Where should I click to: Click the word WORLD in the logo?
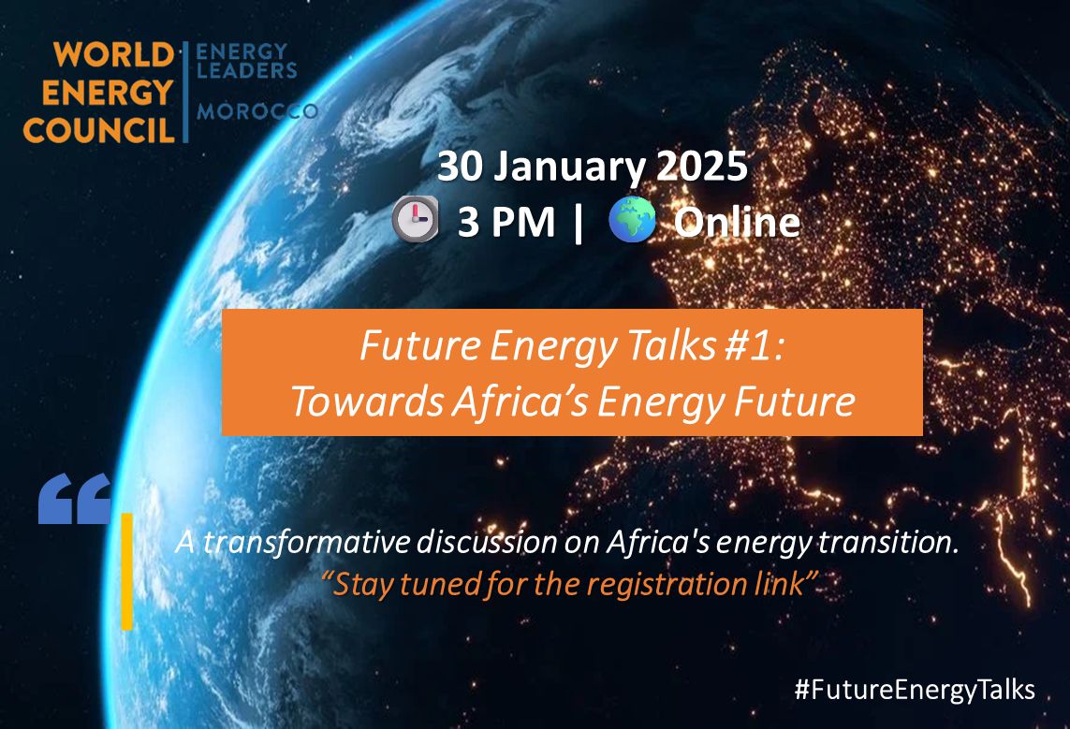tap(114, 55)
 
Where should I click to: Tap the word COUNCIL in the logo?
tap(99, 130)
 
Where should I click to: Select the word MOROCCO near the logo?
tap(257, 111)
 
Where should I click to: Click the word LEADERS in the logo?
tap(246, 70)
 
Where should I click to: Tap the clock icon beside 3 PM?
tap(415, 219)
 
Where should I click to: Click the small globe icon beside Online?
tap(633, 220)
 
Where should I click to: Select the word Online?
tap(737, 222)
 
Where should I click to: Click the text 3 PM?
tap(506, 223)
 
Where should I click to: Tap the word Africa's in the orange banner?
tap(520, 401)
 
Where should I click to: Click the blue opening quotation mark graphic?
tap(74, 499)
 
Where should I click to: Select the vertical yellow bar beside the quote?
tap(127, 572)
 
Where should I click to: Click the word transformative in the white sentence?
tap(307, 543)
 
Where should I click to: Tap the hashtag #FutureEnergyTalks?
tap(915, 690)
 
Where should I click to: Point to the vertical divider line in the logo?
tap(185, 92)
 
